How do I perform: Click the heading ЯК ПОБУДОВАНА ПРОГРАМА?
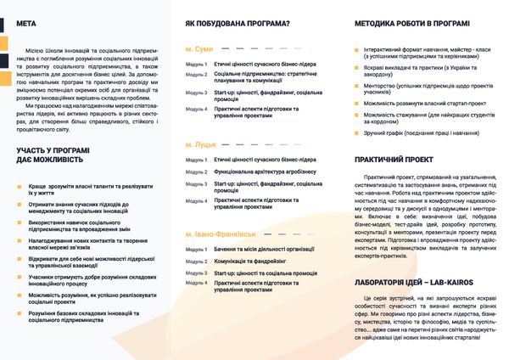coord(238,24)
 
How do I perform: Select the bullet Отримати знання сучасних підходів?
coord(78,208)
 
